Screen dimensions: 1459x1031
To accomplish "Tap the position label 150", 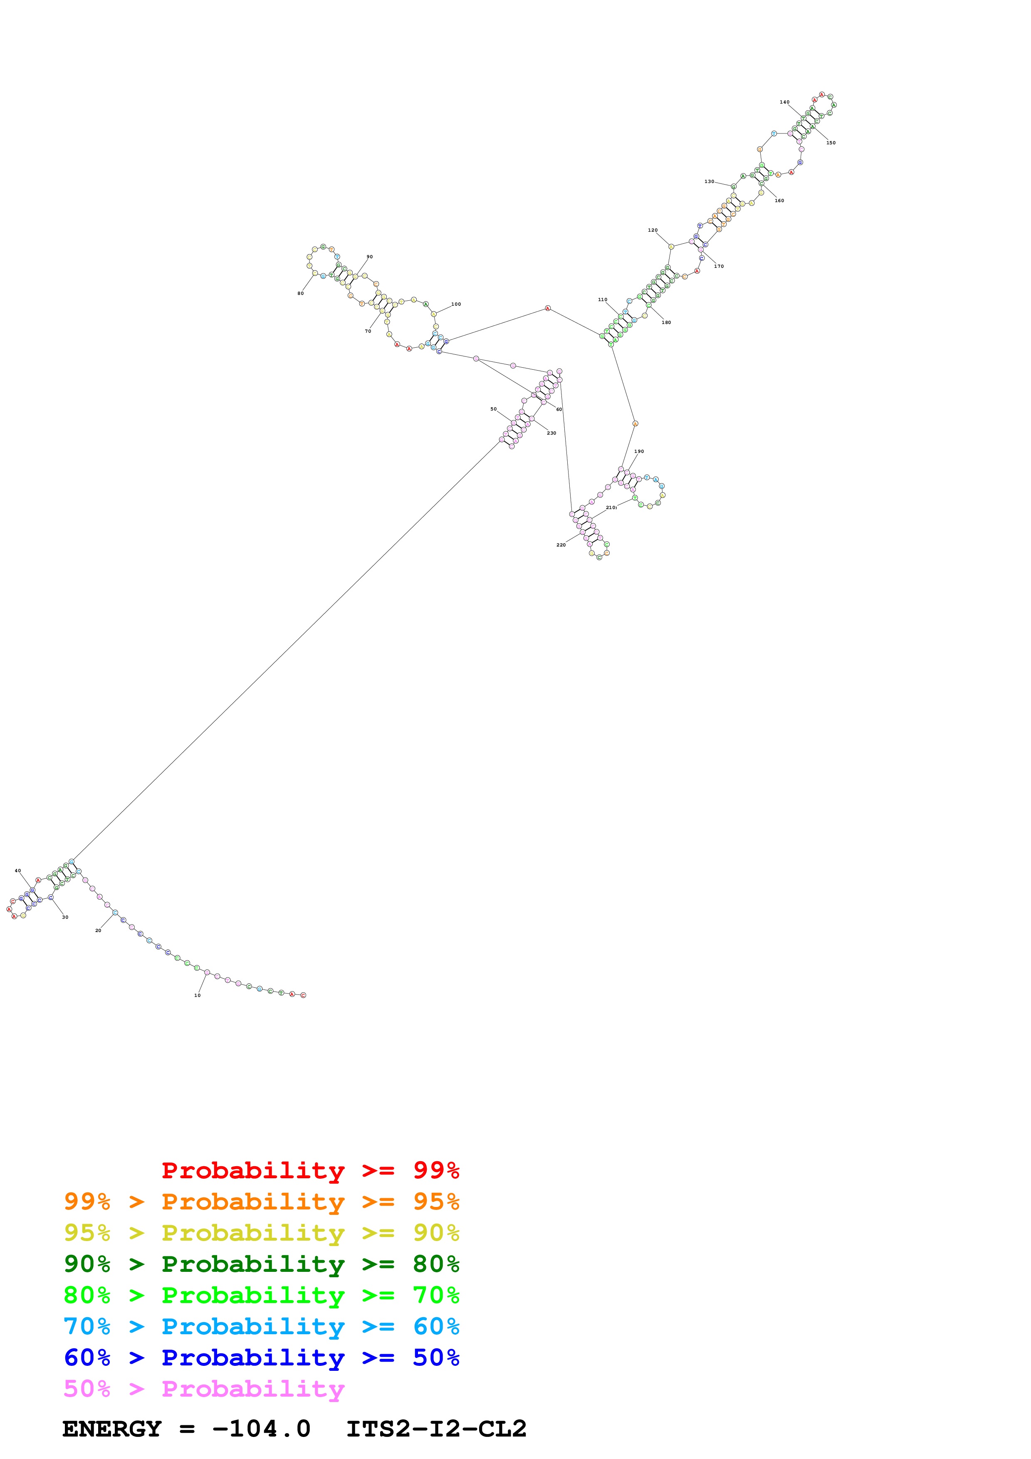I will [x=831, y=143].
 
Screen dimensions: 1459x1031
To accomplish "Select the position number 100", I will [x=456, y=304].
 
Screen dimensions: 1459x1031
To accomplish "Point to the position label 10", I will [x=198, y=995].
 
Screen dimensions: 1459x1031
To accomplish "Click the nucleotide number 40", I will [x=18, y=870].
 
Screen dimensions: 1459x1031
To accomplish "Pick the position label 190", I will [x=639, y=452].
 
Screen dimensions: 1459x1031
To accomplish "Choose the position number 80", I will [x=300, y=294].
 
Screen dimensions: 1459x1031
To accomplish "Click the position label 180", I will [x=666, y=323].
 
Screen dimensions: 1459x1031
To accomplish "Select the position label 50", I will [x=494, y=409].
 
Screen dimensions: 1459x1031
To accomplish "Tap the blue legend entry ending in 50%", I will [x=262, y=1358].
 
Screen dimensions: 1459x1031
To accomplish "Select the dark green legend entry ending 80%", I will [x=262, y=1264].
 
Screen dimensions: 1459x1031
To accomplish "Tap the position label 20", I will [x=99, y=931].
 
